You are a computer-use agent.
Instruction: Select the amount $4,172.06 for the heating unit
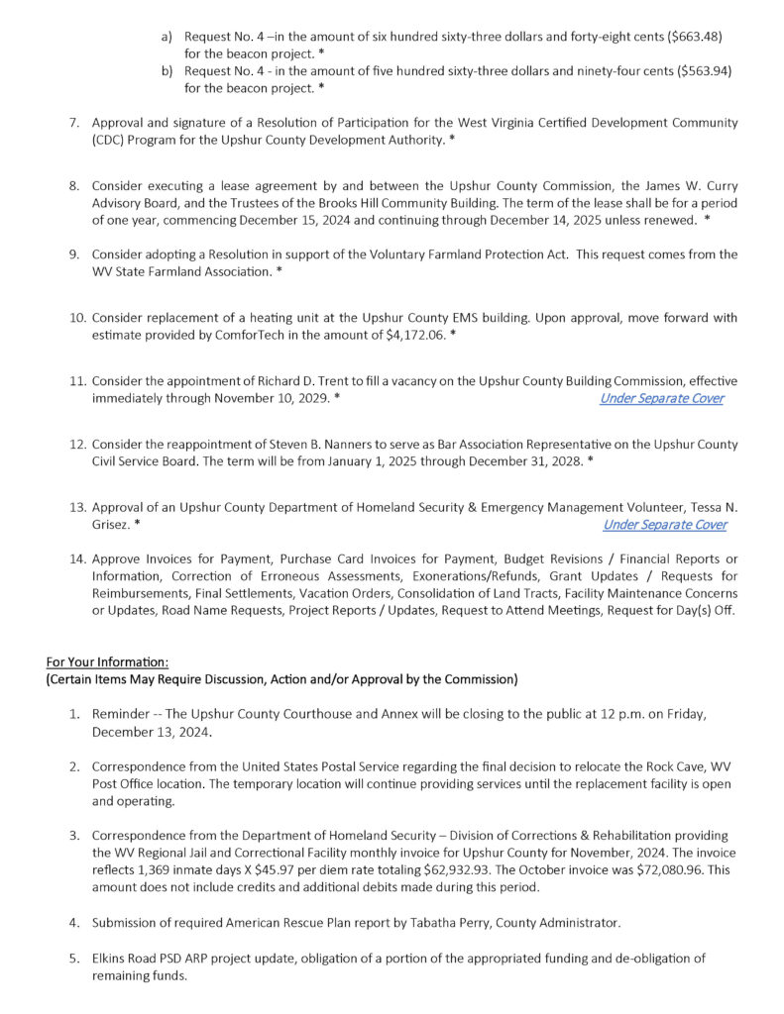pos(414,336)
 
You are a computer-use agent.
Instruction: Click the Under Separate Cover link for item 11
pos(661,398)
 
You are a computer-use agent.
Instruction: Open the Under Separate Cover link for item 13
pos(664,525)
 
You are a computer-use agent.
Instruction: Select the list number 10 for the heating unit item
pos(78,319)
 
